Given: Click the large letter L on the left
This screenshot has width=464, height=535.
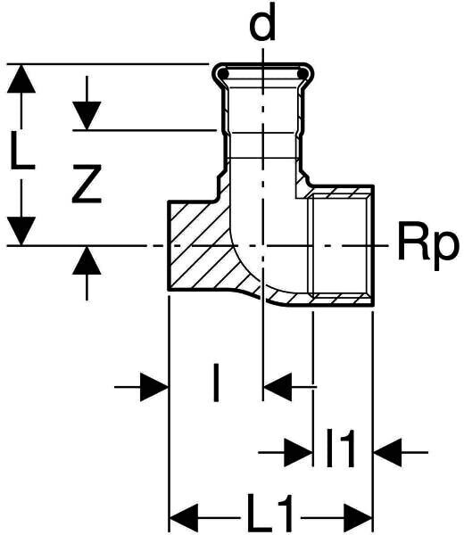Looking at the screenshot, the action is pyautogui.click(x=21, y=152).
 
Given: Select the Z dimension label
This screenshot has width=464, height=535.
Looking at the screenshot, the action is pyautogui.click(x=87, y=184).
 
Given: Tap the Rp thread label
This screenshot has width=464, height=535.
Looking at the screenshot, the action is pyautogui.click(x=427, y=246).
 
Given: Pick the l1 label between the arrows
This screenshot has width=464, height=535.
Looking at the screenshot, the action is pyautogui.click(x=341, y=448).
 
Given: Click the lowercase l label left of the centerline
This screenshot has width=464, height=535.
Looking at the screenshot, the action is pyautogui.click(x=215, y=383).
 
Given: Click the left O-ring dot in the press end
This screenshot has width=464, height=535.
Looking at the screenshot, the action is pyautogui.click(x=223, y=74).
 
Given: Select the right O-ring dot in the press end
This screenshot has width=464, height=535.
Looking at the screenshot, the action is pyautogui.click(x=302, y=74).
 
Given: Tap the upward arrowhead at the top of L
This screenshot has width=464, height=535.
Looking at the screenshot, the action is pyautogui.click(x=21, y=78).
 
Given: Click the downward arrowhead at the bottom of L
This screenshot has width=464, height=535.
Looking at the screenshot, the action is pyautogui.click(x=21, y=231).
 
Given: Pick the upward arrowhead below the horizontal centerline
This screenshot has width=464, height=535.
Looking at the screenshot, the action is pyautogui.click(x=87, y=260).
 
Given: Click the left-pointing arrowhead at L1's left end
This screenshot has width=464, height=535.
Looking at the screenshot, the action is pyautogui.click(x=184, y=518).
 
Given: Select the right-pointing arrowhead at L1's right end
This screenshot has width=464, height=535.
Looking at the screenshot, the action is pyautogui.click(x=358, y=518).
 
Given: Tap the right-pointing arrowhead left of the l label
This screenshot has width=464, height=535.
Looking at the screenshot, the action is pyautogui.click(x=154, y=387).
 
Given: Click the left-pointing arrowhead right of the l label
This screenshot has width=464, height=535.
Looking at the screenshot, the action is pyautogui.click(x=278, y=387).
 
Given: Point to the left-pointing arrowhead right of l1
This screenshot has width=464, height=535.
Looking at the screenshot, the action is pyautogui.click(x=388, y=452).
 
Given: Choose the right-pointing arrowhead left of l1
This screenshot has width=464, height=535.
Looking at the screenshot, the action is pyautogui.click(x=298, y=452).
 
